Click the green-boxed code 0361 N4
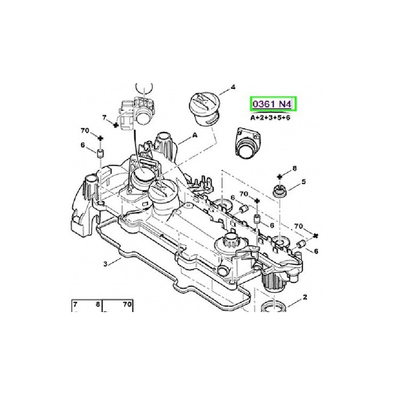[273, 104]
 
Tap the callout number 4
[233, 87]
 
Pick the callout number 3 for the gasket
[105, 263]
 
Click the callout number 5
[304, 182]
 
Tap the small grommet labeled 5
[278, 190]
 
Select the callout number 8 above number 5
[294, 168]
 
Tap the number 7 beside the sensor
[105, 117]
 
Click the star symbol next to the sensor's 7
[115, 124]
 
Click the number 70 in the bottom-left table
[127, 304]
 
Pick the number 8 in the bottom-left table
[98, 304]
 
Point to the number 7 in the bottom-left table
[75, 304]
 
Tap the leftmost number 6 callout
[83, 145]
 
